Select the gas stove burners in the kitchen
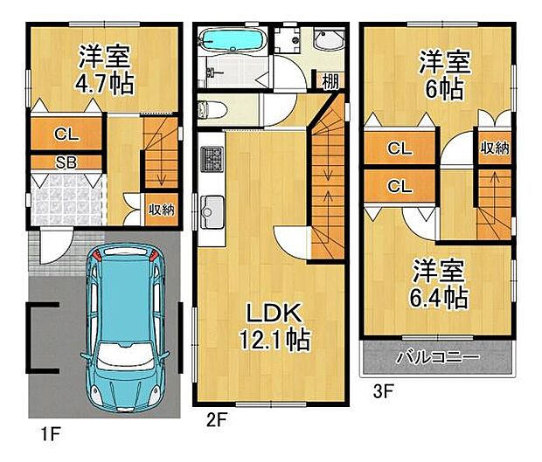click(x=212, y=159)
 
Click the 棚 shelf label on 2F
click(x=330, y=81)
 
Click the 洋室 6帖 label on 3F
click(x=442, y=75)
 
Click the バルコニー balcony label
click(x=438, y=358)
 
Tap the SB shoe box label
click(x=66, y=162)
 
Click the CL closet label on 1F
click(x=66, y=134)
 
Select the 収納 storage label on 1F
click(x=160, y=210)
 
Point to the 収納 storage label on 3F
click(x=493, y=148)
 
